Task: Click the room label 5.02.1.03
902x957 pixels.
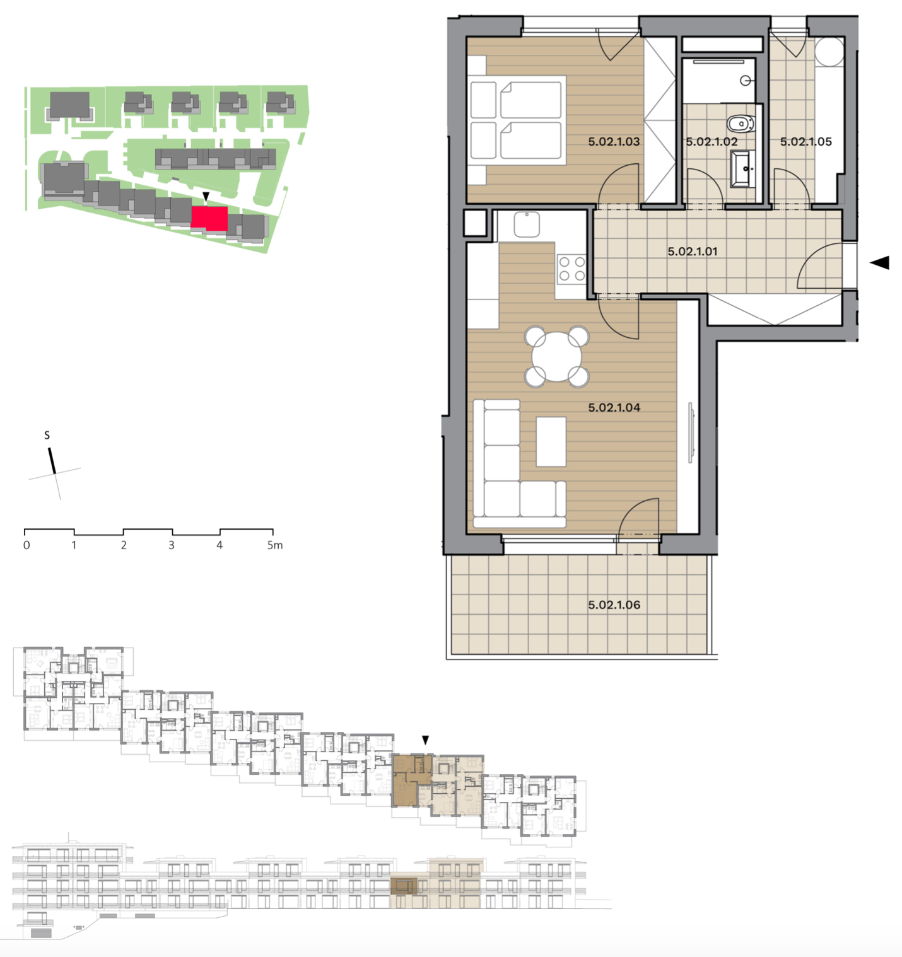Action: coord(614,142)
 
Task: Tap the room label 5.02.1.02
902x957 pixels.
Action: coord(712,142)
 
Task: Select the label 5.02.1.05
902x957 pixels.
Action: coord(806,142)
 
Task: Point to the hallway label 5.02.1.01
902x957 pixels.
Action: coord(692,251)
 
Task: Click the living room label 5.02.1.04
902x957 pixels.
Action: coord(614,407)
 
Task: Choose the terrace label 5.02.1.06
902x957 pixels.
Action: coord(614,605)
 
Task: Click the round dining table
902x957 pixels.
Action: coord(556,357)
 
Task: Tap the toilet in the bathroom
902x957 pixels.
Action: coord(740,124)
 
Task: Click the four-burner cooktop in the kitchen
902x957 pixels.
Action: coord(571,269)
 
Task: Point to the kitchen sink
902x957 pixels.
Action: coord(527,224)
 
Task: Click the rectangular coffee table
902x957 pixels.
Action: coord(551,441)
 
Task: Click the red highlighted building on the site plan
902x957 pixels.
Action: coord(209,218)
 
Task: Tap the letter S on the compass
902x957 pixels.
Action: coord(47,435)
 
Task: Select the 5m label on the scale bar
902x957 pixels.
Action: coord(275,545)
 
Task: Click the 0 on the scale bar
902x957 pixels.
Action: coord(26,545)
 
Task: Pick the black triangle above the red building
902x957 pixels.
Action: coord(206,197)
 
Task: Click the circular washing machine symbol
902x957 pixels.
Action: coord(829,51)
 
